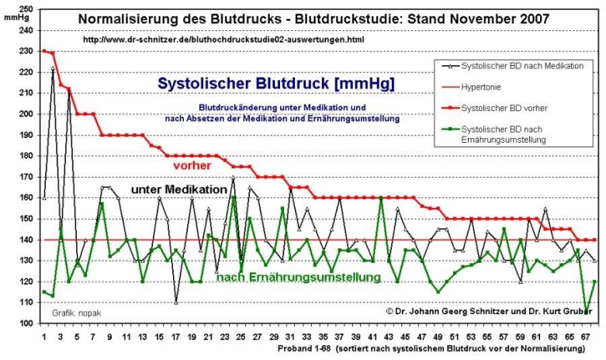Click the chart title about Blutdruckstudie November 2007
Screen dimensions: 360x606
[x=314, y=19]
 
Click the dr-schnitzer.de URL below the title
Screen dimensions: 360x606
[x=223, y=39]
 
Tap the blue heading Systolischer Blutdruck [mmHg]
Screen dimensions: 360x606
[x=275, y=82]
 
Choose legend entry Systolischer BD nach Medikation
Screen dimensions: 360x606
[x=521, y=66]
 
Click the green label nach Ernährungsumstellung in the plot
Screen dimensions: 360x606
[x=298, y=277]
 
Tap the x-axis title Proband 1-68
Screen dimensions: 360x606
[x=431, y=350]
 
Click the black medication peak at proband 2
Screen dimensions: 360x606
[x=53, y=68]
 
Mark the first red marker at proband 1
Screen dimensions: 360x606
[x=44, y=51]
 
